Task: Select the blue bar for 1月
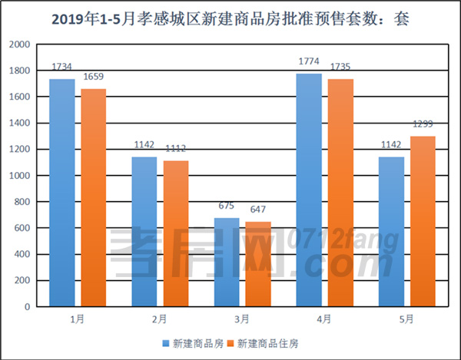point(62,192)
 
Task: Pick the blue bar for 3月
point(227,262)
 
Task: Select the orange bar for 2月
point(175,233)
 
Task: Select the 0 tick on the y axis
point(27,306)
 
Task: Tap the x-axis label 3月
point(241,319)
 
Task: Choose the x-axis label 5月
point(406,319)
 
